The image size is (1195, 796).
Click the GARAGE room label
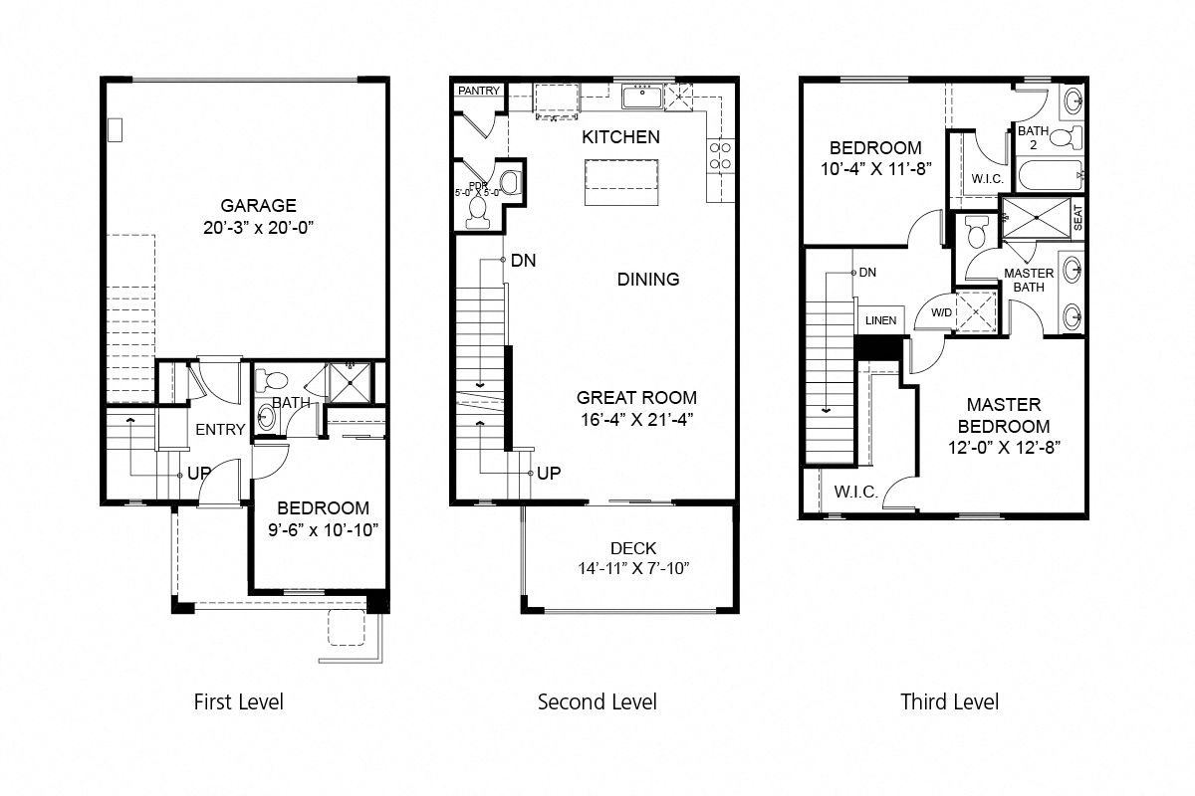pyautogui.click(x=258, y=206)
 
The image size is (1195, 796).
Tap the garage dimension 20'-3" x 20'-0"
pyautogui.click(x=258, y=228)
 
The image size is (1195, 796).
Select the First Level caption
pyautogui.click(x=238, y=701)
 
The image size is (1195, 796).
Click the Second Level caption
pyautogui.click(x=597, y=701)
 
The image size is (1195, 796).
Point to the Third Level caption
pyautogui.click(x=949, y=701)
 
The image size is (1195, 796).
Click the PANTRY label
pyautogui.click(x=479, y=92)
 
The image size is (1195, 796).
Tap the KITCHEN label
pyautogui.click(x=620, y=137)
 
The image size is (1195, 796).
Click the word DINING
pyautogui.click(x=648, y=280)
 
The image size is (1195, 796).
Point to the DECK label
pyautogui.click(x=633, y=548)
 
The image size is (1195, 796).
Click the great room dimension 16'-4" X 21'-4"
pyautogui.click(x=634, y=419)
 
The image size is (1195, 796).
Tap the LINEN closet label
pyautogui.click(x=880, y=320)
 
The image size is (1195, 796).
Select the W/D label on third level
pyautogui.click(x=940, y=312)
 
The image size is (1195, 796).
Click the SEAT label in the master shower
pyautogui.click(x=1077, y=217)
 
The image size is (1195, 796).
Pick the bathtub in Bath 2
pyautogui.click(x=1049, y=177)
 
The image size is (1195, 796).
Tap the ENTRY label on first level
pyautogui.click(x=220, y=430)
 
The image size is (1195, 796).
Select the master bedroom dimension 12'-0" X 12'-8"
pyautogui.click(x=1003, y=447)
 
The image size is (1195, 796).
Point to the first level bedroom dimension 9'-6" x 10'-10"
pyautogui.click(x=323, y=529)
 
